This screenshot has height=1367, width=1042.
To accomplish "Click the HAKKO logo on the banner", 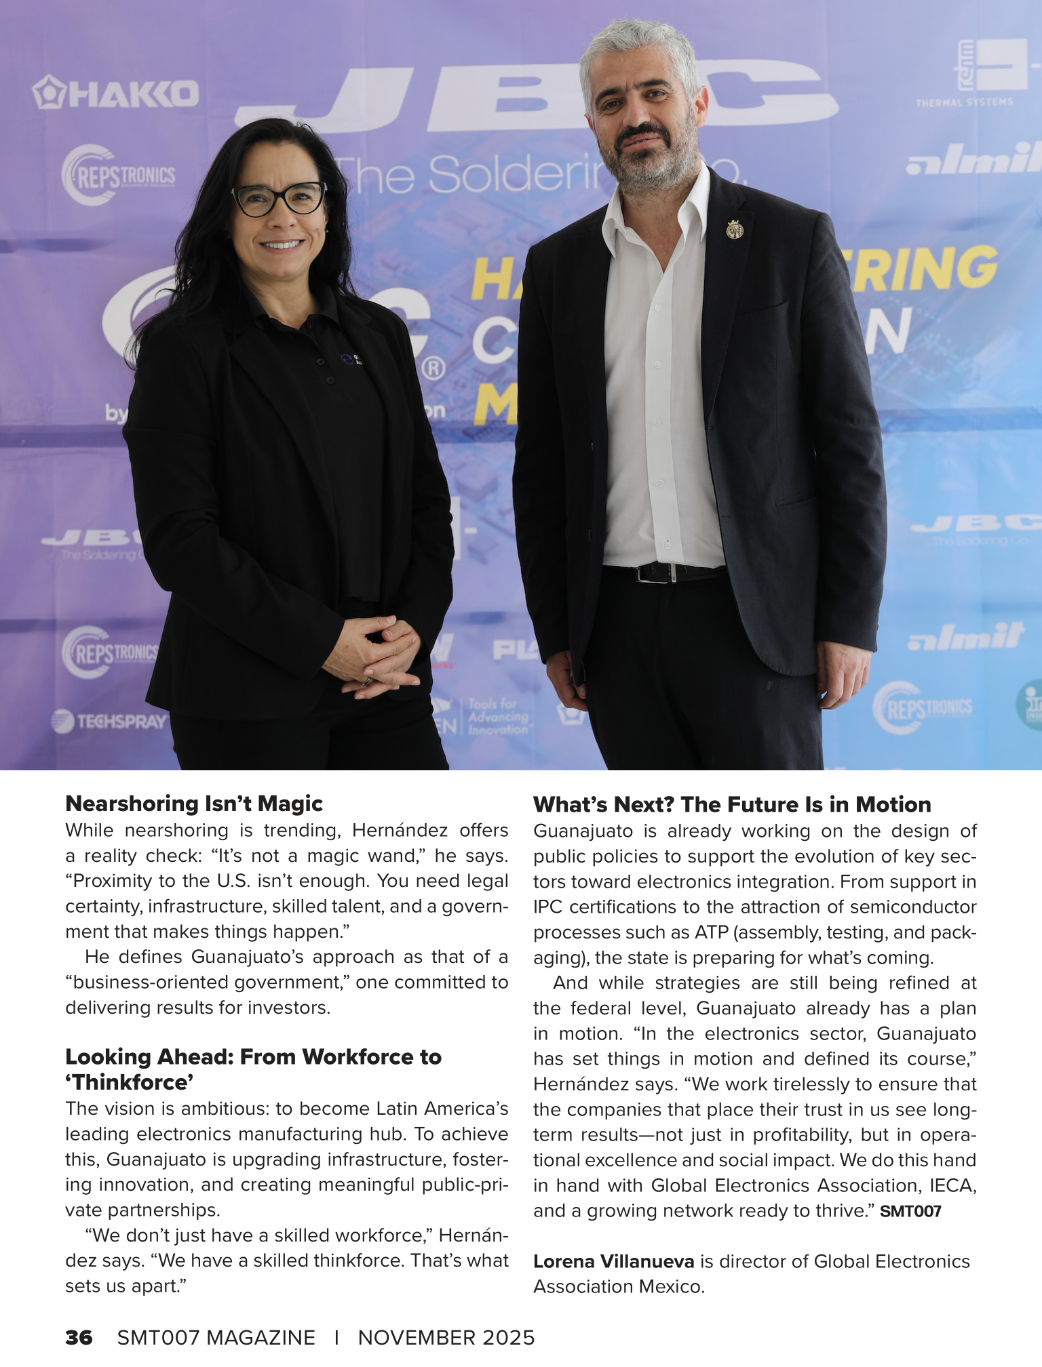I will [x=116, y=93].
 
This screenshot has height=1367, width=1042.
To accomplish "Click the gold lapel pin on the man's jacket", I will [x=734, y=230].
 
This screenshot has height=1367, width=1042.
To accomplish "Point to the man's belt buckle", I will [x=655, y=573].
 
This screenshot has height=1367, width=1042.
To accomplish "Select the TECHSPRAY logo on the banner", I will [x=111, y=721].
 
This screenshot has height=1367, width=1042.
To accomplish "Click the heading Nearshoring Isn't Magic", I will [x=194, y=804].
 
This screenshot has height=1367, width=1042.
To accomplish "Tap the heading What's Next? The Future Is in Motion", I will [x=732, y=804].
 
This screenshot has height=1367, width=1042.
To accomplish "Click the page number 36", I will [x=79, y=1337].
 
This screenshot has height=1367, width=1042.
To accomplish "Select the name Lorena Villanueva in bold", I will [x=613, y=1261].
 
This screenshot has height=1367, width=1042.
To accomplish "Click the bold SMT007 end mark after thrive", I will [x=910, y=1211].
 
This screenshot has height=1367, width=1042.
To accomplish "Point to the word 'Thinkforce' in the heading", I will [x=130, y=1082].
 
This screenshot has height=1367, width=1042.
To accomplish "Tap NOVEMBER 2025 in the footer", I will [x=446, y=1337].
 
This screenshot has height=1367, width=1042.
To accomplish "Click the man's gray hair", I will [x=638, y=47].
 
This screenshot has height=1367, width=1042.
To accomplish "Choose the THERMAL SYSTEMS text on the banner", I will [x=964, y=102].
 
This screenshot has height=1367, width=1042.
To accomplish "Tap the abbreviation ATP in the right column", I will [x=711, y=932].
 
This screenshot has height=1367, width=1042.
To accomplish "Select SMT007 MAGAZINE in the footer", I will [x=216, y=1337].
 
